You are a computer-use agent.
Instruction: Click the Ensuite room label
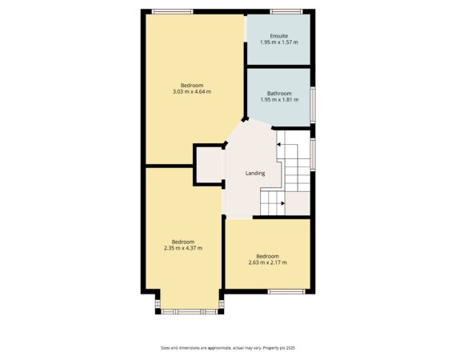[x=279, y=36]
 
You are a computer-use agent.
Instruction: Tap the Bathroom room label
[x=279, y=94]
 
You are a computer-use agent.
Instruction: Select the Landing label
[x=255, y=174]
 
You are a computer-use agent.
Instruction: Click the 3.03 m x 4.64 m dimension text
[x=192, y=91]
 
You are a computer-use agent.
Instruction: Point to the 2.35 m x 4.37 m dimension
[x=183, y=248]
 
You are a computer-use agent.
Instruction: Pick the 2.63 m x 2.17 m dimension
[x=267, y=262]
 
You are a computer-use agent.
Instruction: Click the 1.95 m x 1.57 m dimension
[x=279, y=42]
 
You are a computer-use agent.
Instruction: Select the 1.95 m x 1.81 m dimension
[x=279, y=100]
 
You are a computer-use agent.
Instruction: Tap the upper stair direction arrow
[x=278, y=144]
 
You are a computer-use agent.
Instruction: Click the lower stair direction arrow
[x=282, y=203]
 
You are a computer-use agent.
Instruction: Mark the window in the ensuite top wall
[x=286, y=12]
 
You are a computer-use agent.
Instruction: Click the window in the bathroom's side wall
[x=313, y=105]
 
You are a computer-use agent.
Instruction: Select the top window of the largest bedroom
[x=173, y=12]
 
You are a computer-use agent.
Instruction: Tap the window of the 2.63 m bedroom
[x=286, y=292]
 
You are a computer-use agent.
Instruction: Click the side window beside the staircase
[x=313, y=154]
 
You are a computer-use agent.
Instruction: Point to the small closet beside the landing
[x=210, y=165]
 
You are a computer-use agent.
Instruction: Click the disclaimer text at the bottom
[x=228, y=348]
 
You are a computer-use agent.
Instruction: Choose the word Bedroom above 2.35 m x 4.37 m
[x=183, y=242]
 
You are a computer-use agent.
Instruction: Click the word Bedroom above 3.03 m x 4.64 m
[x=192, y=86]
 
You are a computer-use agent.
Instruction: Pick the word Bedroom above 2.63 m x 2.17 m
[x=267, y=257]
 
